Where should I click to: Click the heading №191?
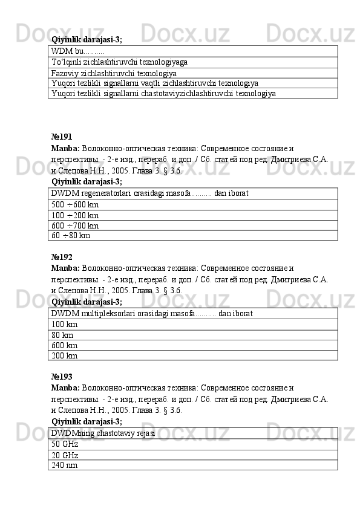[x=62, y=137]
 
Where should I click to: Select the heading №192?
[x=62, y=257]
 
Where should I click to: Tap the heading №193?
[x=62, y=377]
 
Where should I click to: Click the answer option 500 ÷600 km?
[x=75, y=204]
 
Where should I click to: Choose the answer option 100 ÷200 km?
[x=75, y=215]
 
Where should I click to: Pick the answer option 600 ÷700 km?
[x=75, y=225]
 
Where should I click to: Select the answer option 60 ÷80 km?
[x=71, y=235]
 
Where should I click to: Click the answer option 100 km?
[x=65, y=325]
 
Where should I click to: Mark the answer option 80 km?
[x=63, y=335]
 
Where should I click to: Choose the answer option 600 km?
[x=65, y=345]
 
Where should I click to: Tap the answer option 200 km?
[x=65, y=355]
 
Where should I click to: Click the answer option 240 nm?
[x=65, y=464]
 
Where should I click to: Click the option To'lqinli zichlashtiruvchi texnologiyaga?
[x=119, y=62]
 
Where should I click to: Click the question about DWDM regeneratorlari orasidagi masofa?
[x=149, y=193]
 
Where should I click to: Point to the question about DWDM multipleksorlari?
[x=152, y=314]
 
